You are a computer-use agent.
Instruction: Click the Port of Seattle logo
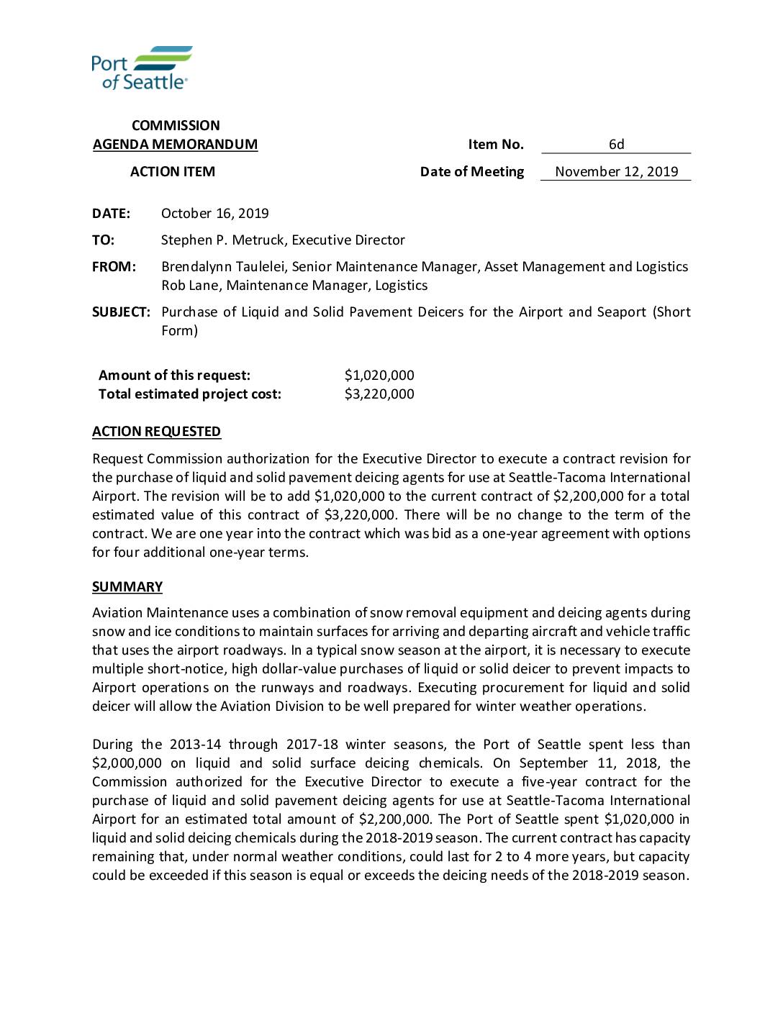click(142, 68)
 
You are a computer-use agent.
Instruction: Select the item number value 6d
click(616, 145)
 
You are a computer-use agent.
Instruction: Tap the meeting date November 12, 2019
click(616, 172)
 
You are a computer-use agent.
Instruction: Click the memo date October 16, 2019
click(214, 214)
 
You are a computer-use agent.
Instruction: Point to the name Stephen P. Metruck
click(222, 240)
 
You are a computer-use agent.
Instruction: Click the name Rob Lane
click(191, 286)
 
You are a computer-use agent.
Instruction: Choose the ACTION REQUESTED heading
click(156, 432)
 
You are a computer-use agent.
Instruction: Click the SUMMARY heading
click(127, 587)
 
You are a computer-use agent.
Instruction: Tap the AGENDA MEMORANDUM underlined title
click(175, 145)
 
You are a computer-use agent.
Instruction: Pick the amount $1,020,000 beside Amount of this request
click(379, 376)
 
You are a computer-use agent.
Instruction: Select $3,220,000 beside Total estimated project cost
click(379, 394)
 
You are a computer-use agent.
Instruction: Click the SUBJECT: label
click(121, 312)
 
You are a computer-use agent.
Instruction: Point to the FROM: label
click(114, 267)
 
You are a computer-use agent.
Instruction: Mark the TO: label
click(103, 240)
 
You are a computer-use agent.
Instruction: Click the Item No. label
click(495, 145)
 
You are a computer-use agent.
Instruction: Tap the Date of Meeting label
click(471, 172)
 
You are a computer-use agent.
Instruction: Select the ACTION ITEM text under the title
click(172, 172)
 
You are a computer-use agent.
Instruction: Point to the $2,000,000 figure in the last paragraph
click(127, 763)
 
